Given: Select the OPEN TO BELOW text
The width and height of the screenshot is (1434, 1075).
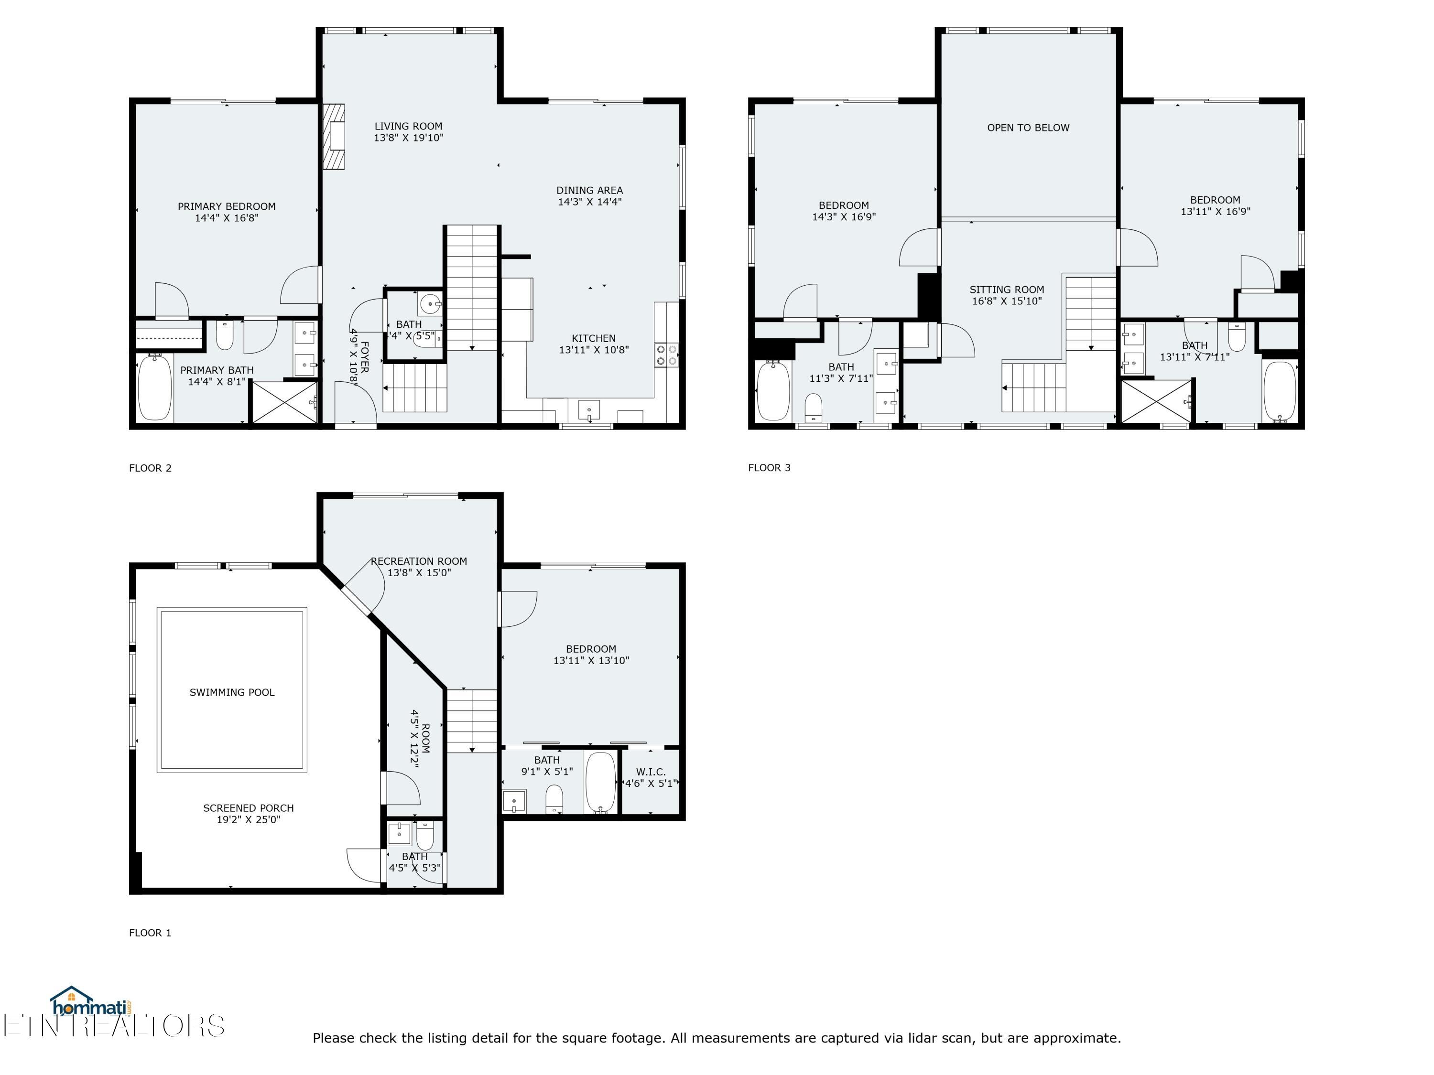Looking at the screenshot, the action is click(x=1028, y=128).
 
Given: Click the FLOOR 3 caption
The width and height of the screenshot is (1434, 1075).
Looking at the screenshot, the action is click(x=770, y=467).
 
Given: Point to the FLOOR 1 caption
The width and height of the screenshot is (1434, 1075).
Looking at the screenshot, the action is click(x=151, y=933).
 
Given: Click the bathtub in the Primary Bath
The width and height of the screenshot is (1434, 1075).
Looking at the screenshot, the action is click(x=155, y=387).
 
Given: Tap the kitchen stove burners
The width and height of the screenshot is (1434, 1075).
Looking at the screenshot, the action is click(x=666, y=355).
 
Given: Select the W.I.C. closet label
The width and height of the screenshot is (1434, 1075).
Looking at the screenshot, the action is click(x=651, y=772).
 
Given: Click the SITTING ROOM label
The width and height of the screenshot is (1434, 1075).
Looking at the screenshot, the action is click(x=1007, y=290).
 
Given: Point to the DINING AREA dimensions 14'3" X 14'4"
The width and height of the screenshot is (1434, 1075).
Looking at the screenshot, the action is click(x=590, y=202).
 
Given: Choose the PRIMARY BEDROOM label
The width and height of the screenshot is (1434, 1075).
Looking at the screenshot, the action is click(x=227, y=206).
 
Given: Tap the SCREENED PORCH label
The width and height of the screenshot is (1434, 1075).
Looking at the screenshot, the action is click(x=248, y=808).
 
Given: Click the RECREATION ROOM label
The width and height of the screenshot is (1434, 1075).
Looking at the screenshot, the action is click(x=419, y=561).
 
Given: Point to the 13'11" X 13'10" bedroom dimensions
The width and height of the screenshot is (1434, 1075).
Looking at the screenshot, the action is click(x=591, y=660).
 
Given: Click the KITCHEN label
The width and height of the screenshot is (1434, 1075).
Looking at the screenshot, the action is click(x=594, y=338).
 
